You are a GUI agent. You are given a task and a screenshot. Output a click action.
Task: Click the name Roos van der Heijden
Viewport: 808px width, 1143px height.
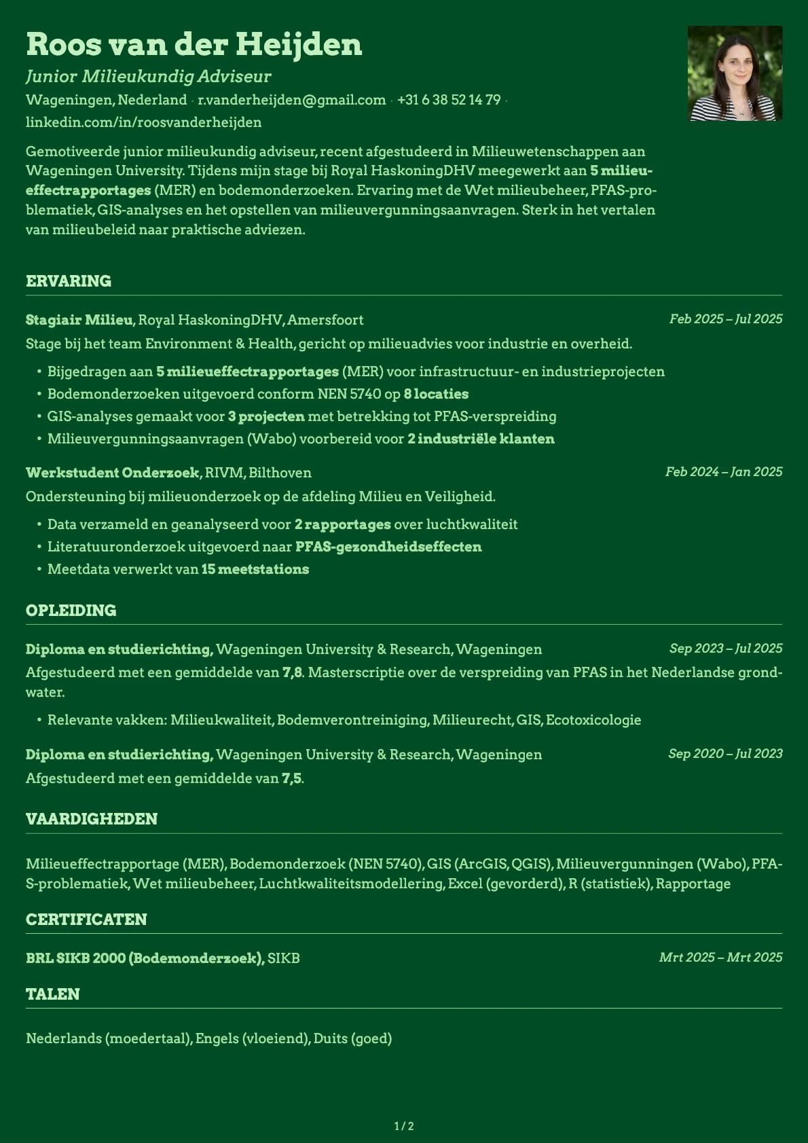click(x=194, y=45)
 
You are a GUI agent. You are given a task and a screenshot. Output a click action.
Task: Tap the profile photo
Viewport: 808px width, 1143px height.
click(x=735, y=73)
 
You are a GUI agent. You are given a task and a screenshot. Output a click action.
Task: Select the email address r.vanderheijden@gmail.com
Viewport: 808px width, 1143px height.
click(x=291, y=100)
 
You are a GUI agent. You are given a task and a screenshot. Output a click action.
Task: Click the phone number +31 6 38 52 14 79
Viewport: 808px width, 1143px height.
click(x=449, y=100)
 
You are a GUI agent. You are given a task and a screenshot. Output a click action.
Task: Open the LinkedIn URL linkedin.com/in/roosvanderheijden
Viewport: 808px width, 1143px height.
click(x=143, y=122)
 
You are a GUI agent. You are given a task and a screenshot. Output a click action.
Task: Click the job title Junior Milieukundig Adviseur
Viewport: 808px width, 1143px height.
click(x=148, y=76)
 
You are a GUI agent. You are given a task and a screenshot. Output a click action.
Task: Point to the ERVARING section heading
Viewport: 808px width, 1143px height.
click(x=69, y=281)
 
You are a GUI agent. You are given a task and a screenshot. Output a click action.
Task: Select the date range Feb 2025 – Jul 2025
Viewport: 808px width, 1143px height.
click(x=725, y=319)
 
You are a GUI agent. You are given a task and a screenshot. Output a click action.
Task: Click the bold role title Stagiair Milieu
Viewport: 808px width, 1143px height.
click(x=79, y=320)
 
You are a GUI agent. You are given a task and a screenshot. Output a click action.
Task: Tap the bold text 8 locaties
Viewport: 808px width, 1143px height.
click(x=436, y=394)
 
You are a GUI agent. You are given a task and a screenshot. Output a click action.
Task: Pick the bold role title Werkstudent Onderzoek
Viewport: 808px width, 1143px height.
click(x=112, y=473)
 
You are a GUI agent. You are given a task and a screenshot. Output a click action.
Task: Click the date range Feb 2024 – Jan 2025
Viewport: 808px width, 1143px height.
click(x=723, y=472)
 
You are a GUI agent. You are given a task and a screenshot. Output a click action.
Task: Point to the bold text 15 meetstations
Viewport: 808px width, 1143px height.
click(x=255, y=569)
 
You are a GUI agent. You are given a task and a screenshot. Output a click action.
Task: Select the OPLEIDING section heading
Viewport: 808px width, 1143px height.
click(x=71, y=611)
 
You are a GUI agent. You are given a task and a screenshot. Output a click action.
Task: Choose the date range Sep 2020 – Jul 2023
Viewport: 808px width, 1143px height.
click(x=724, y=754)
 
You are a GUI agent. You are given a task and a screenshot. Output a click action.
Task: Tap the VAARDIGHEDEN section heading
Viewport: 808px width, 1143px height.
click(x=92, y=819)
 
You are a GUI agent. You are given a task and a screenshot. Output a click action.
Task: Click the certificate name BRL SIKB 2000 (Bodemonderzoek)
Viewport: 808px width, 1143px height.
click(x=145, y=958)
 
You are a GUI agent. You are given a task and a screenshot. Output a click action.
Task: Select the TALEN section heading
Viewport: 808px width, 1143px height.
click(x=53, y=994)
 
